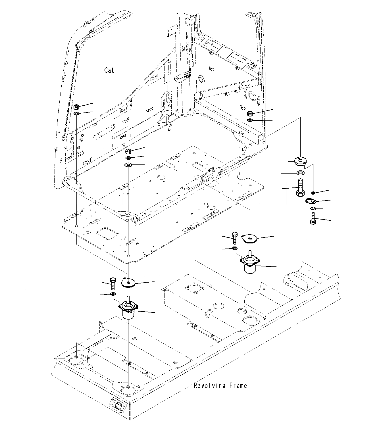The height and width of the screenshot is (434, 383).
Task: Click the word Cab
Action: click(109, 70)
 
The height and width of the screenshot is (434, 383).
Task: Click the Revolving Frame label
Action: click(220, 385)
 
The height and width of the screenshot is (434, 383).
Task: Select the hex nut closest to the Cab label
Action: click(76, 107)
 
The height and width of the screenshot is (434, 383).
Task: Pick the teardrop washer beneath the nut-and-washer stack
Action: click(128, 165)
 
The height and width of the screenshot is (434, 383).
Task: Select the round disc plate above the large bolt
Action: click(299, 161)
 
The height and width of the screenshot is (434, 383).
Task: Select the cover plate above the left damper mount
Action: click(128, 283)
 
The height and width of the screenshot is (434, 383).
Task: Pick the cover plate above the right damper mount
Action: click(249, 239)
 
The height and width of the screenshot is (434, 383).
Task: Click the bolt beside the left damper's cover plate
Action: click(112, 283)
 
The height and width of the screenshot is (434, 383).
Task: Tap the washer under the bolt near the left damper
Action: click(113, 294)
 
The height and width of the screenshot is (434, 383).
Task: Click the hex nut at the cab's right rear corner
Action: click(250, 113)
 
